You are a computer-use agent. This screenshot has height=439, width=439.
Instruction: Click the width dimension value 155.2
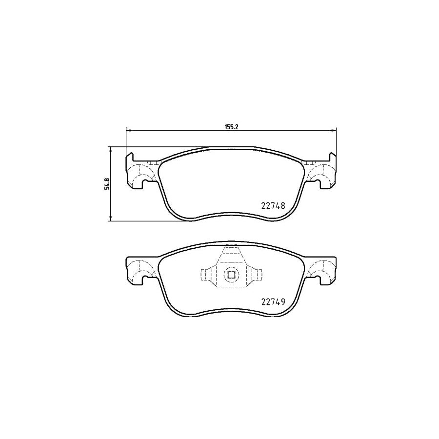(x=231, y=126)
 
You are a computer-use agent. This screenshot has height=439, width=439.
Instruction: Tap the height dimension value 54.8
(x=107, y=184)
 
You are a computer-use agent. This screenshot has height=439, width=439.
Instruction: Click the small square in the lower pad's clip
(x=231, y=276)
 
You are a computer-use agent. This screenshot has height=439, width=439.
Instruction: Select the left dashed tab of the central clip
(x=207, y=275)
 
